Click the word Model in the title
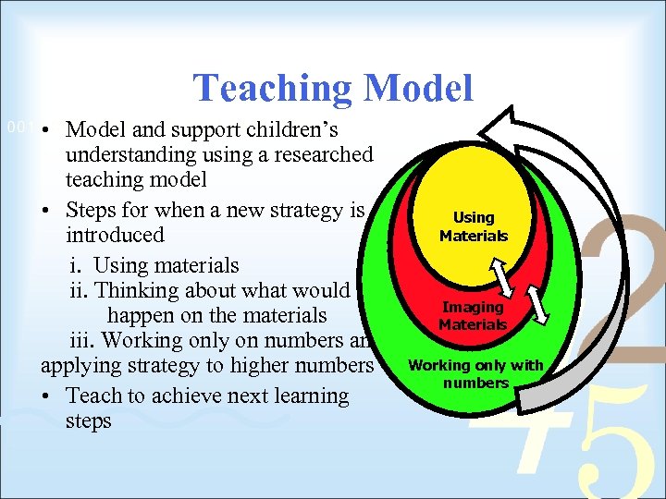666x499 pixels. point(418,89)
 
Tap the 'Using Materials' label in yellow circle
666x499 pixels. point(474,226)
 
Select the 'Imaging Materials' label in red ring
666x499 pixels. point(473,316)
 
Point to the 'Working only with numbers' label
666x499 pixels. point(475,373)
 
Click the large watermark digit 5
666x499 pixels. point(610,444)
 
